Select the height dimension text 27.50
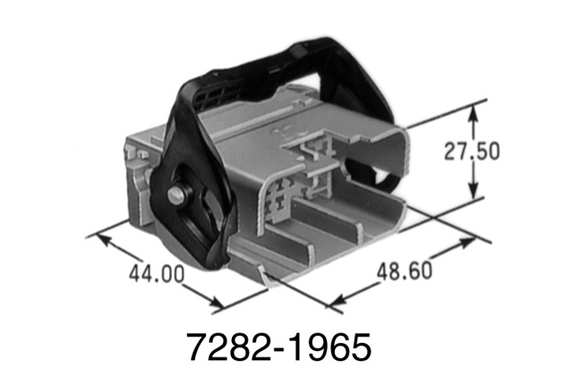pos(472,151)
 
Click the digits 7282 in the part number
pos(216,345)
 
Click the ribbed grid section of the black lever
pos(215,90)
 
